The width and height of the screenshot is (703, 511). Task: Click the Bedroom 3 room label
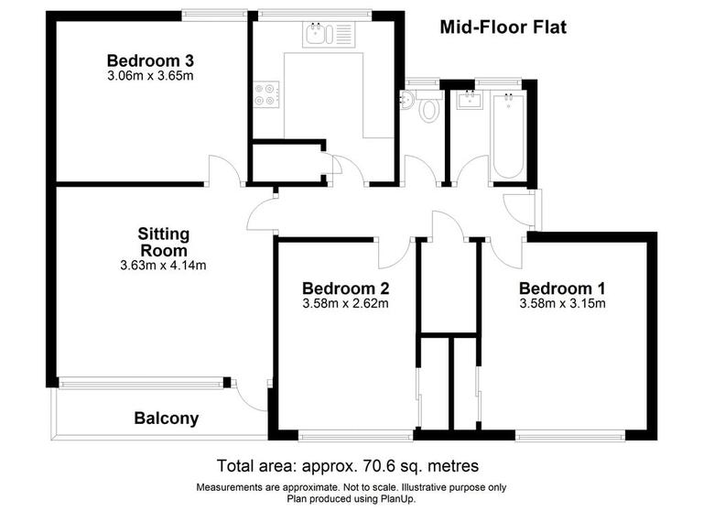tap(150, 60)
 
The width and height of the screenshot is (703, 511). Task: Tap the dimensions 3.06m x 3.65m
tap(150, 76)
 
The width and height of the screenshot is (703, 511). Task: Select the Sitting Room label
tap(163, 242)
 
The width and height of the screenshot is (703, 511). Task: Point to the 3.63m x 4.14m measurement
tap(163, 266)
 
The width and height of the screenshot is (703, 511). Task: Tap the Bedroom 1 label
tap(562, 286)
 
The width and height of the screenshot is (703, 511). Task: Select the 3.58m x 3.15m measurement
tap(562, 303)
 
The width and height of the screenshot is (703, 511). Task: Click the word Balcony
tap(167, 419)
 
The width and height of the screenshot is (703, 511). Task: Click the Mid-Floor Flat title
tap(503, 27)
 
